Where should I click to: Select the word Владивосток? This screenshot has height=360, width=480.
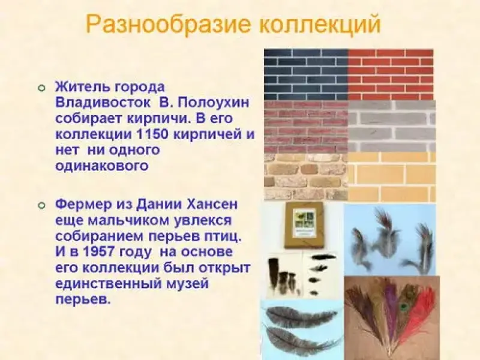[x=103, y=103]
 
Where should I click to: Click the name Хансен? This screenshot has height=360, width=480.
[x=212, y=205]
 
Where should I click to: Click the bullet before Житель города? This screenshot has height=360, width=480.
[x=42, y=88]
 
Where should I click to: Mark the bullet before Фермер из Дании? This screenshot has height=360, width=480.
[x=42, y=205]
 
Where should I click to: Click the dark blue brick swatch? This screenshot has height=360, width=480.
[x=306, y=74]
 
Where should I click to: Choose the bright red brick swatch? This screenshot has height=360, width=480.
[x=391, y=74]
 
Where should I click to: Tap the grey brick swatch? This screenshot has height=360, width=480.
[x=392, y=126]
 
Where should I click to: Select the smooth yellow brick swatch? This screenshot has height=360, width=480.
[x=392, y=177]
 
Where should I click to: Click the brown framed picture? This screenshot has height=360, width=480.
[x=304, y=226]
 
